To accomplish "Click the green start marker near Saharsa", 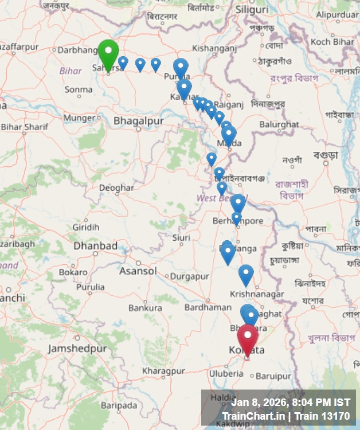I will [108, 53].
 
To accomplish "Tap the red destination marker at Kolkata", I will [248, 339].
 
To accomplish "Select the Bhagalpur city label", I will [138, 121].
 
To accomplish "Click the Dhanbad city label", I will [95, 246].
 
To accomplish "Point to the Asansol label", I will [138, 271].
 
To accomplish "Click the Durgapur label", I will [190, 276].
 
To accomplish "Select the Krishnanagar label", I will [257, 294].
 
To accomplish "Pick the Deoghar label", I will [116, 187].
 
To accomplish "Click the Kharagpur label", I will [163, 371].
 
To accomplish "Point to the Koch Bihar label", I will [332, 42].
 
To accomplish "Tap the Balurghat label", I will [279, 124].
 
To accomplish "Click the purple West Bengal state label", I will [214, 198].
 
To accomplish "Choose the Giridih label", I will [85, 227].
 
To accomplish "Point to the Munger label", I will [79, 118].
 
